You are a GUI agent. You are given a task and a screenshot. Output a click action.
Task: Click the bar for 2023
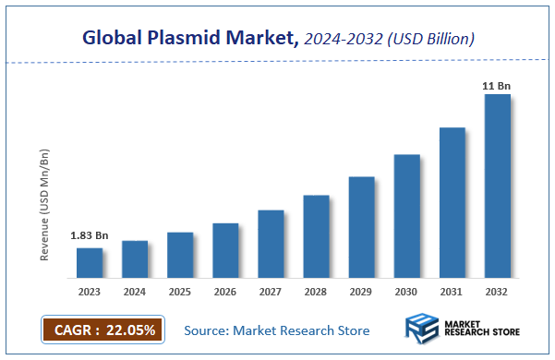pyautogui.click(x=90, y=262)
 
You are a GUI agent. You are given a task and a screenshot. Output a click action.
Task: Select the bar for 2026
pyautogui.click(x=225, y=250)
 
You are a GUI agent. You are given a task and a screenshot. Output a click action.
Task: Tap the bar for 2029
pyautogui.click(x=361, y=226)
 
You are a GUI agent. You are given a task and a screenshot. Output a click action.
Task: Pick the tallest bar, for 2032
pyautogui.click(x=497, y=186)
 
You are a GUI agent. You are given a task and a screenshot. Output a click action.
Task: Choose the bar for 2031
pyautogui.click(x=452, y=202)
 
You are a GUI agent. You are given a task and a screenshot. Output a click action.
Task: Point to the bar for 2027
pyautogui.click(x=271, y=244)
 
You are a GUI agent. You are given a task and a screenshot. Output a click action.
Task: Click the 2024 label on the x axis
pyautogui.click(x=135, y=292)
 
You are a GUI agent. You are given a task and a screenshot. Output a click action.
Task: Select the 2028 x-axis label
pyautogui.click(x=316, y=292)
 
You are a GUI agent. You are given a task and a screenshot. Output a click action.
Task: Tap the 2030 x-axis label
pyautogui.click(x=406, y=292)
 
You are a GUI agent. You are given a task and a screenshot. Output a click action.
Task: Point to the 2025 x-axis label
pyautogui.click(x=180, y=292)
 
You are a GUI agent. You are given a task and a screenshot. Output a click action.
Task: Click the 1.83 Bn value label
pyautogui.click(x=90, y=236)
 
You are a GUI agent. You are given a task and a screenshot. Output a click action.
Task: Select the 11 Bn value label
pyautogui.click(x=497, y=86)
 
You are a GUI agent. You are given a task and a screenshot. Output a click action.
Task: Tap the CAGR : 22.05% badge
pyautogui.click(x=103, y=330)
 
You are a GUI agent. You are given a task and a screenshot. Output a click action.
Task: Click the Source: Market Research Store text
pyautogui.click(x=277, y=330)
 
